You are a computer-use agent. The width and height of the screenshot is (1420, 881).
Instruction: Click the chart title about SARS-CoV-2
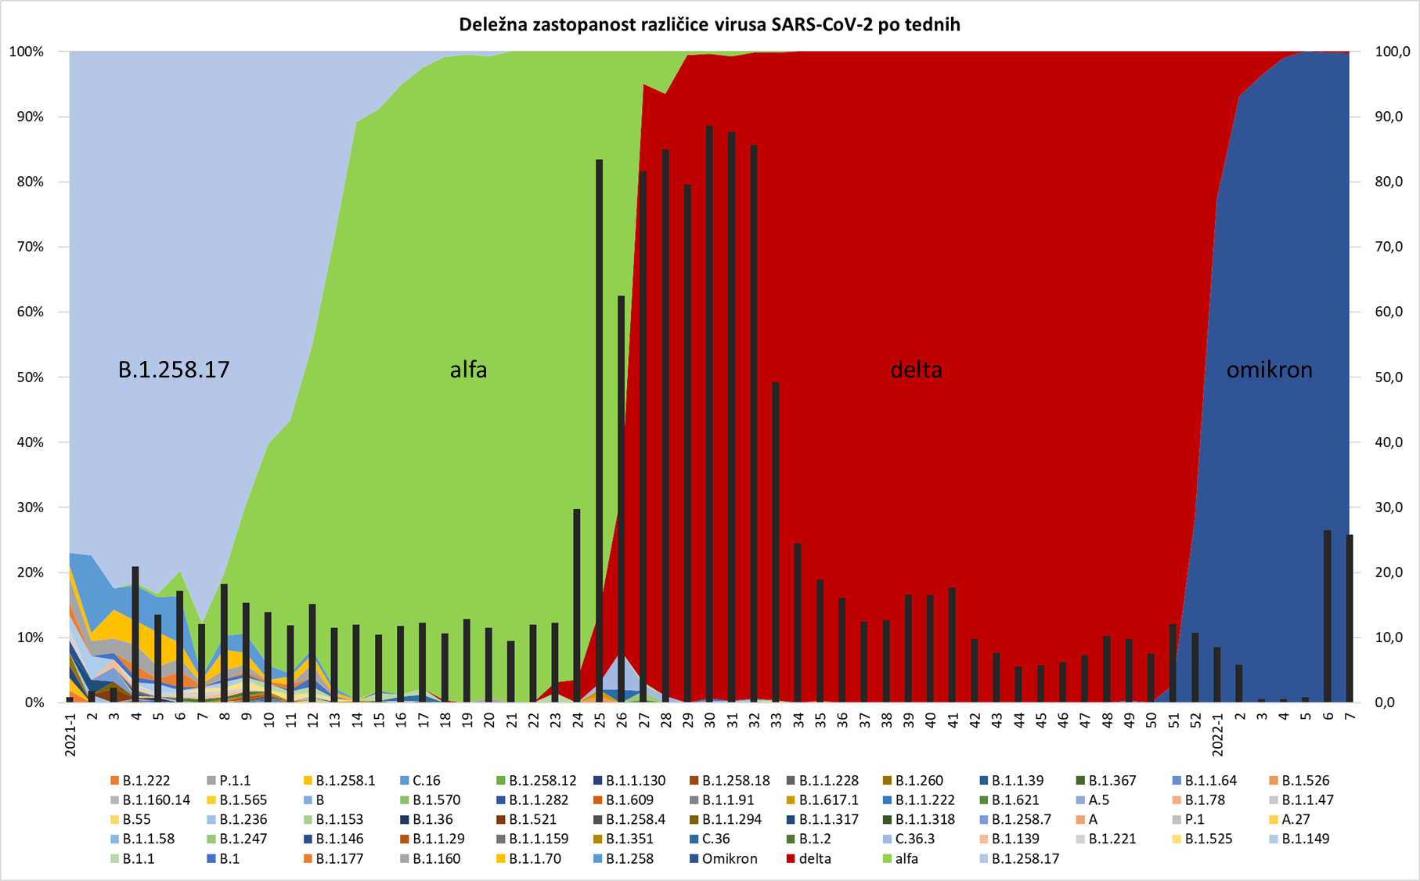coord(709,24)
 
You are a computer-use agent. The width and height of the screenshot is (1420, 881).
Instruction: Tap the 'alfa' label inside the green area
coord(468,370)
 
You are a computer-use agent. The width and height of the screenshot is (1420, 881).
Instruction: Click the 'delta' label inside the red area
coord(916,370)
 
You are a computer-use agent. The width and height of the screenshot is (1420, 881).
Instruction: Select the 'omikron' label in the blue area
coord(1269,370)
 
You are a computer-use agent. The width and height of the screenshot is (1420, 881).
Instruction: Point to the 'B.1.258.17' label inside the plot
coord(174,370)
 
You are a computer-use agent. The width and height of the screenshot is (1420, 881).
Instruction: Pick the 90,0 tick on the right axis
coord(1393,117)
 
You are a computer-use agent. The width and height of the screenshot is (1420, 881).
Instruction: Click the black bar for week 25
coord(600,431)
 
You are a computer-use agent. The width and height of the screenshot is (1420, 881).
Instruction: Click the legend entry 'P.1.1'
coord(235,781)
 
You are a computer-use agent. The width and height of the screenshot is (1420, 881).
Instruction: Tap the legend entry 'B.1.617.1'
coord(828,800)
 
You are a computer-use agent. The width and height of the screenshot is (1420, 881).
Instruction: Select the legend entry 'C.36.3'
coord(914,839)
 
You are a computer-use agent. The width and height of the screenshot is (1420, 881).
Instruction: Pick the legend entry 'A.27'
coord(1295,819)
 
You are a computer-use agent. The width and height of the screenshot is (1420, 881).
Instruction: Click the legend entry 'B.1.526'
coord(1305,781)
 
